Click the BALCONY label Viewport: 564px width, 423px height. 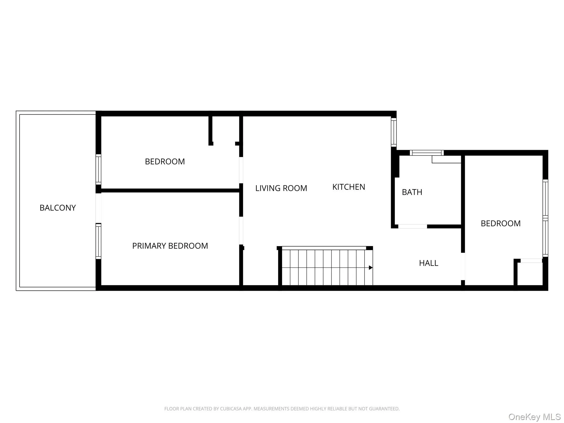pyautogui.click(x=58, y=208)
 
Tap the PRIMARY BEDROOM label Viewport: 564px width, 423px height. pyautogui.click(x=170, y=246)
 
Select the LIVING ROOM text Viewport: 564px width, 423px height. pyautogui.click(x=281, y=188)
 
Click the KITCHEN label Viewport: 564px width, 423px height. pyautogui.click(x=348, y=187)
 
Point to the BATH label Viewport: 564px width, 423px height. pyautogui.click(x=412, y=192)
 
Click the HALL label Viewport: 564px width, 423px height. pyautogui.click(x=428, y=263)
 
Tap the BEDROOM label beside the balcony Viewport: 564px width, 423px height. pyautogui.click(x=165, y=161)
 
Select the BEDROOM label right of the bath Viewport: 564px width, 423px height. pyautogui.click(x=500, y=223)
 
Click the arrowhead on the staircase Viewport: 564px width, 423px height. pyautogui.click(x=371, y=268)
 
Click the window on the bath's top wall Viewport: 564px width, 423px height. pyautogui.click(x=427, y=153)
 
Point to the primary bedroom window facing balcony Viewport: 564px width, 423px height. pyautogui.click(x=98, y=241)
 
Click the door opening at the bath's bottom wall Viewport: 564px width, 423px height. pyautogui.click(x=413, y=226)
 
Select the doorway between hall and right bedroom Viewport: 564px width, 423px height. pyautogui.click(x=463, y=266)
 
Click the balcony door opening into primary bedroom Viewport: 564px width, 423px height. pyautogui.click(x=98, y=208)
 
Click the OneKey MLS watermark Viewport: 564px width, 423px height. pyautogui.click(x=534, y=417)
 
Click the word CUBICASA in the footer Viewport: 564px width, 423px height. pyautogui.click(x=231, y=409)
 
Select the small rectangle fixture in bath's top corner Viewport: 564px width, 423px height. pyautogui.click(x=446, y=159)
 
